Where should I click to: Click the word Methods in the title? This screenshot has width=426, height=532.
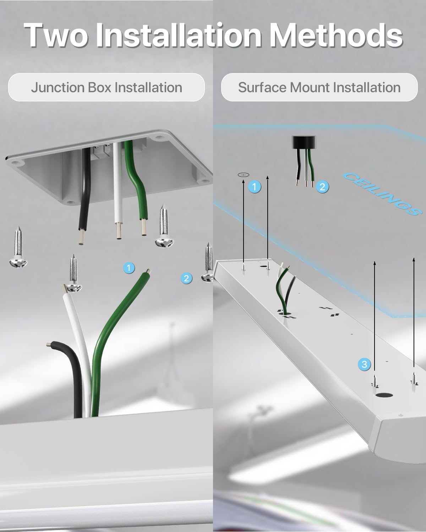coord(335,35)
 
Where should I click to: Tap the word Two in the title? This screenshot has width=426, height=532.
coord(56,35)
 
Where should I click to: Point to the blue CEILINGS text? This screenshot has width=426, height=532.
coord(382,194)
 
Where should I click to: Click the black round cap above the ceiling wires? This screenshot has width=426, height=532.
coord(304,142)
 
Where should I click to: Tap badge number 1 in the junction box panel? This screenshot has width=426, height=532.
coord(129,268)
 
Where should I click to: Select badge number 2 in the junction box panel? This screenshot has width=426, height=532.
coord(186,278)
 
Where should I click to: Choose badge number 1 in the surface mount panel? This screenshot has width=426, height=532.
coord(255,187)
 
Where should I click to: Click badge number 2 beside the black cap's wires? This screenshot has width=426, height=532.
coord(322,187)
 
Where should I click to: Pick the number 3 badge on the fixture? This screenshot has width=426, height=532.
coord(364,364)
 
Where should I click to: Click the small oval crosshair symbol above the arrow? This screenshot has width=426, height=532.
coord(244,175)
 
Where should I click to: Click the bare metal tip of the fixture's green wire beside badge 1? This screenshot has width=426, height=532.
coord(148,271)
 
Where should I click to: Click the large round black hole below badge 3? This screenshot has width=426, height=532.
coord(384,395)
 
